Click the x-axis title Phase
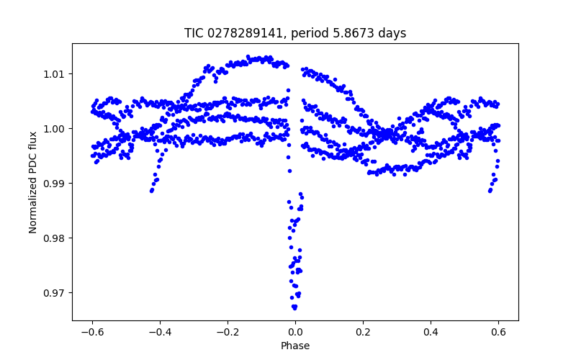295,346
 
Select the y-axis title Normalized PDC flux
33,182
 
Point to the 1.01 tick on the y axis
55,74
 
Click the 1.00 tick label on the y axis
55,129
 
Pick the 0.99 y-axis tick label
55,184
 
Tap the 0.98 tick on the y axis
55,238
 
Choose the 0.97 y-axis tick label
55,293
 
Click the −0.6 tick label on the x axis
91,332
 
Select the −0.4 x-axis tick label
159,332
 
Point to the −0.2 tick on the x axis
227,332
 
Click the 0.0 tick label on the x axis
295,332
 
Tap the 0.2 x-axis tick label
363,332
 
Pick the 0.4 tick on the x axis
431,332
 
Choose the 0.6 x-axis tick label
498,332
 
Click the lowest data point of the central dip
294,307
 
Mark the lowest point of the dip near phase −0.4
151,191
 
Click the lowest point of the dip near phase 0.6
490,191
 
